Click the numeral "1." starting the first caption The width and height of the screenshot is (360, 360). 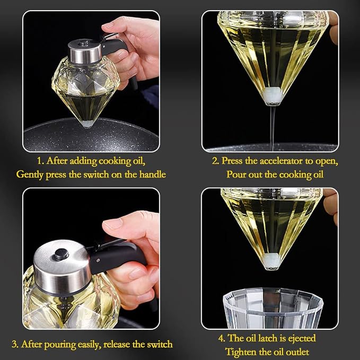(x=40, y=161)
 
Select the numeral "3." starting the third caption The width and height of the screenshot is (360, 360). (x=15, y=345)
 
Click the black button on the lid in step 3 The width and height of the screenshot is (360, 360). (x=62, y=254)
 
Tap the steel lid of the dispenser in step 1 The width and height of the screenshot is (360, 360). (x=85, y=51)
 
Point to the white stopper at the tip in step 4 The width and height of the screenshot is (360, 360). (x=272, y=261)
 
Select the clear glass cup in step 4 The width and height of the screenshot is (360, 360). (x=273, y=308)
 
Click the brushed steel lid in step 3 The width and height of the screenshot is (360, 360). (x=62, y=267)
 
